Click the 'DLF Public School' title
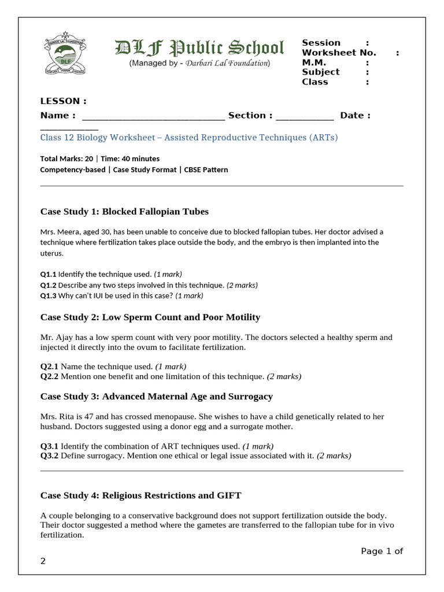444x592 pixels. click(199, 47)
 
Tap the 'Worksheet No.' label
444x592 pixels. click(339, 53)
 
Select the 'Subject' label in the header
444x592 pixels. click(320, 72)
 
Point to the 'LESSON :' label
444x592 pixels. click(63, 101)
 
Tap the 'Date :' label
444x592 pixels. click(355, 116)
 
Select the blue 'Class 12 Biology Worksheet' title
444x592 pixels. click(188, 138)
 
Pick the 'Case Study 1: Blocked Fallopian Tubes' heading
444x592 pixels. click(124, 211)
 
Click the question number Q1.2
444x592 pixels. click(48, 285)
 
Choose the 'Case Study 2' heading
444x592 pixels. click(150, 317)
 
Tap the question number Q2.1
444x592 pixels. click(49, 366)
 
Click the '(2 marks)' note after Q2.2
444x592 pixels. click(284, 376)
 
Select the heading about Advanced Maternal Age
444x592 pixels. click(156, 396)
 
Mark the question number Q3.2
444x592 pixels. click(49, 456)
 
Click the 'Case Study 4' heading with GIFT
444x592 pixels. click(140, 495)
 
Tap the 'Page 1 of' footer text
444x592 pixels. click(382, 551)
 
